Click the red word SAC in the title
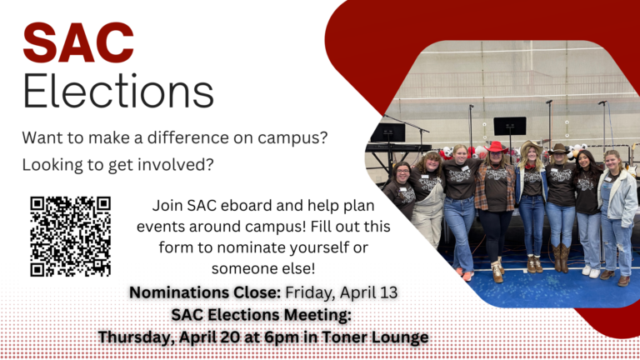click(78, 42)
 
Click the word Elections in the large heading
click(118, 92)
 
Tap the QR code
click(70, 237)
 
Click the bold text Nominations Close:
click(205, 292)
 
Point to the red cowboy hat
click(496, 147)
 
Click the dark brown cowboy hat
click(558, 148)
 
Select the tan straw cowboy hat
click(531, 146)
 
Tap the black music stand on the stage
click(510, 126)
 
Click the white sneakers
click(591, 271)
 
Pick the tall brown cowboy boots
click(560, 258)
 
